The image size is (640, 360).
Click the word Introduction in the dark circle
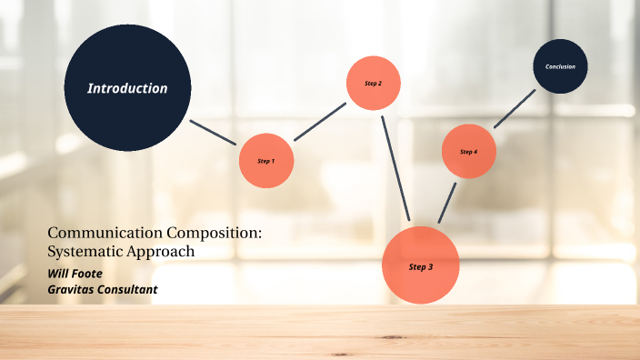pyautogui.click(x=127, y=88)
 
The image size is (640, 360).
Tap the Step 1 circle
pyautogui.click(x=265, y=161)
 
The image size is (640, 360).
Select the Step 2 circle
pyautogui.click(x=374, y=83)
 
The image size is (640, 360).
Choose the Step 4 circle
pyautogui.click(x=468, y=151)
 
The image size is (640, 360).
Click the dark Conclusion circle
pyautogui.click(x=560, y=66)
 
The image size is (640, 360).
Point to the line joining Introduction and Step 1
pyautogui.click(x=214, y=133)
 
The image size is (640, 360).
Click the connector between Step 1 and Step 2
pyautogui.click(x=320, y=121)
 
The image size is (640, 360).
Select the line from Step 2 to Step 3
pyautogui.click(x=396, y=169)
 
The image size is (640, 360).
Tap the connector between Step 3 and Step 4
pyautogui.click(x=446, y=201)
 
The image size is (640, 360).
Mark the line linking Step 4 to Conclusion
pyautogui.click(x=515, y=107)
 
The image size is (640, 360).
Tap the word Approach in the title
pyautogui.click(x=162, y=251)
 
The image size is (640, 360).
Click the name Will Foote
pyautogui.click(x=75, y=273)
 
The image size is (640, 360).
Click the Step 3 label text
pyautogui.click(x=420, y=267)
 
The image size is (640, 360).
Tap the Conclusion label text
pyautogui.click(x=560, y=66)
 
